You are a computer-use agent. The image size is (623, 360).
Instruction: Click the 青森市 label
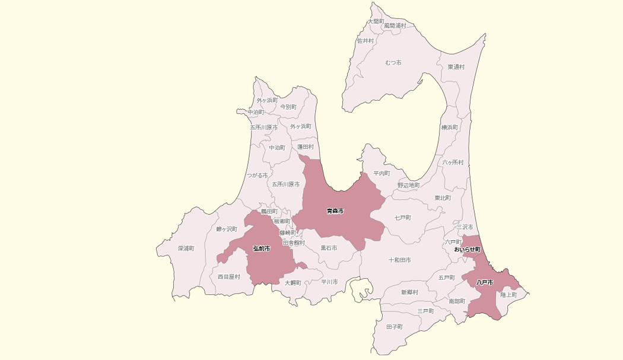(x=335, y=211)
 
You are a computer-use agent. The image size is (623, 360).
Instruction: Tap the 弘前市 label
(x=261, y=249)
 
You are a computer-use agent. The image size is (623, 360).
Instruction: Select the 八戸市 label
(x=485, y=283)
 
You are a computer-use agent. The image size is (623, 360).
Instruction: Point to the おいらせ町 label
(x=467, y=250)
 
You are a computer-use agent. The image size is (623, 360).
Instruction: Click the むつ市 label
(x=393, y=63)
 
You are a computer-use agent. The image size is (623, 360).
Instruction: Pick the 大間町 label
(x=376, y=21)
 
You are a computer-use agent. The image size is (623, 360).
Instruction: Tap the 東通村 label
(x=456, y=67)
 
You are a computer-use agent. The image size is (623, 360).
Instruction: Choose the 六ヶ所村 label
(x=453, y=162)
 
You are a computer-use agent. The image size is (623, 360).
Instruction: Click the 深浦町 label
(x=186, y=249)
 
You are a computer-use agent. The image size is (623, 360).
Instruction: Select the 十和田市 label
(x=400, y=260)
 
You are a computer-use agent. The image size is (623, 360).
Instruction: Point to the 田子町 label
(x=394, y=327)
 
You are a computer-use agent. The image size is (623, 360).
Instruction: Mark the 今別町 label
(x=288, y=107)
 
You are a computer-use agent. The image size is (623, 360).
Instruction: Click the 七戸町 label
(x=403, y=218)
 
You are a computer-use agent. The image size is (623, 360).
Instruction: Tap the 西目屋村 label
(x=229, y=277)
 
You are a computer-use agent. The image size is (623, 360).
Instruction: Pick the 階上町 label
(x=508, y=295)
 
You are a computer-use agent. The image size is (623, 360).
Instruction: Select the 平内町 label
(x=382, y=174)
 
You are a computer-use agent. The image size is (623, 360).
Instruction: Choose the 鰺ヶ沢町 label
(x=227, y=229)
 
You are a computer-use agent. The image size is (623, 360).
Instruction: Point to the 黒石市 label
(x=329, y=248)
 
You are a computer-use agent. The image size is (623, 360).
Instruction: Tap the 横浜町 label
(x=449, y=128)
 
